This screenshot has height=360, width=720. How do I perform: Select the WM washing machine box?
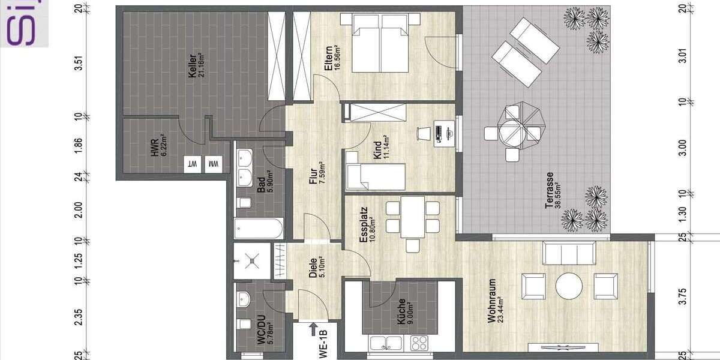(212, 163)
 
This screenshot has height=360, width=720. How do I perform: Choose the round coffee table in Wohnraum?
(569, 286)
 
